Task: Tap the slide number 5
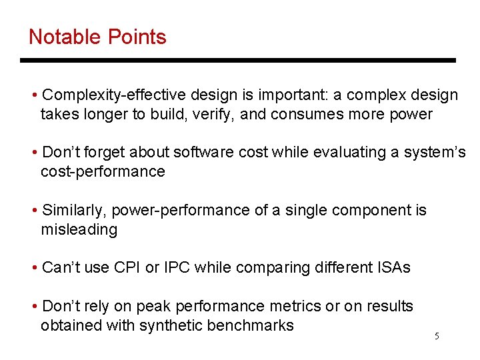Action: (x=437, y=336)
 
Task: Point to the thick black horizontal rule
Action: (x=237, y=61)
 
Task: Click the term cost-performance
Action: (x=103, y=171)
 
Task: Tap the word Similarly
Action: (x=73, y=210)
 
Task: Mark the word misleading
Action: (x=79, y=229)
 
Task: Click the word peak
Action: (x=152, y=306)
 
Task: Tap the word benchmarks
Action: (x=250, y=325)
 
